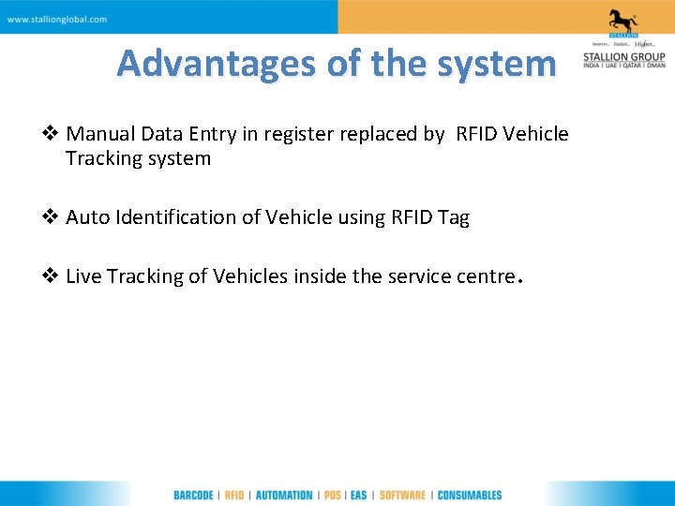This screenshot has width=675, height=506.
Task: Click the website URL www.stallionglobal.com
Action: coord(57,19)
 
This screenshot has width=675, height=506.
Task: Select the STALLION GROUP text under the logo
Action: coord(623,56)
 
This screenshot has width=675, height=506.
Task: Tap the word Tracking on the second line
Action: coord(102,158)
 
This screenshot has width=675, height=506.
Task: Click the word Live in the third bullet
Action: coord(83,276)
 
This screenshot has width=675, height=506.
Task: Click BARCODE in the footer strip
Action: coord(194,495)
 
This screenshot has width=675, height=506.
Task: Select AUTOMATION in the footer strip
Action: coord(284,495)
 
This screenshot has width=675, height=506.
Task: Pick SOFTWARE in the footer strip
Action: coord(402,495)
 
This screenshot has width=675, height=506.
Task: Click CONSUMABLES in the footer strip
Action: coord(470,495)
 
